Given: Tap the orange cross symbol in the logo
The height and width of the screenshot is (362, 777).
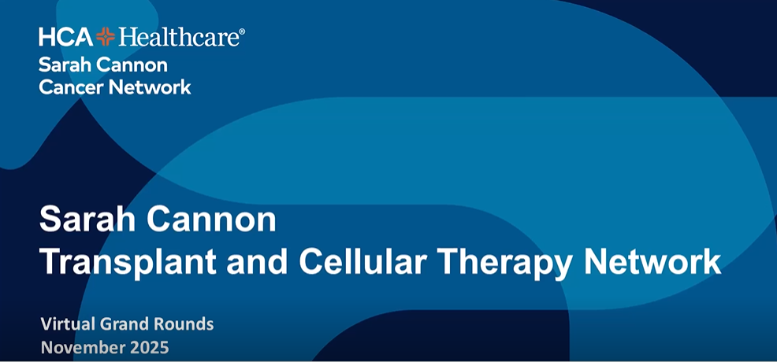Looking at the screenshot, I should click(x=106, y=36).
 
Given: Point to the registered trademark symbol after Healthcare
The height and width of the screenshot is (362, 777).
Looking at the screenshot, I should click(x=242, y=31).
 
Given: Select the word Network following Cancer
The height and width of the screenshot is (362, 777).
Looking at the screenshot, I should click(x=150, y=87).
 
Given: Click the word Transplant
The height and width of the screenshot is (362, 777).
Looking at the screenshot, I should click(x=127, y=262).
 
